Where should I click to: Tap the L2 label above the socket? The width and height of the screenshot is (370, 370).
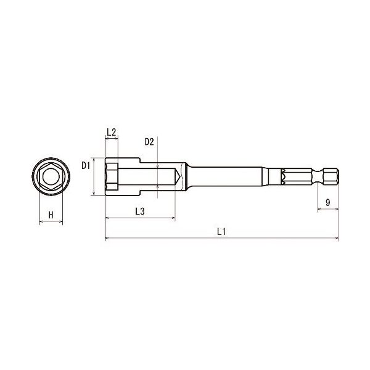point(112,132)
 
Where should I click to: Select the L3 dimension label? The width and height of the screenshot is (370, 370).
point(139,212)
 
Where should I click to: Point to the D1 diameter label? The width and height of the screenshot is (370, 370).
point(86,165)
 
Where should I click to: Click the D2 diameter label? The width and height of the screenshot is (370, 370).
point(149,142)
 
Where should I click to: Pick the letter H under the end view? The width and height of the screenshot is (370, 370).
point(51,215)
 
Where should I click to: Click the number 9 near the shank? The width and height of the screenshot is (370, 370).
point(327,202)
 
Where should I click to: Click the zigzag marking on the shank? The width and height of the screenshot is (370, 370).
point(284,178)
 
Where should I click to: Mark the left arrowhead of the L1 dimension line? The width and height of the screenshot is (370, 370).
point(107,238)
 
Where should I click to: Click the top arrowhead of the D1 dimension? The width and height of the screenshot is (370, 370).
point(93,158)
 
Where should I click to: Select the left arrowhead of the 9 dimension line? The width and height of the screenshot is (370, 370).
point(319,210)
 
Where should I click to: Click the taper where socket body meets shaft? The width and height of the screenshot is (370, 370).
point(186,178)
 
